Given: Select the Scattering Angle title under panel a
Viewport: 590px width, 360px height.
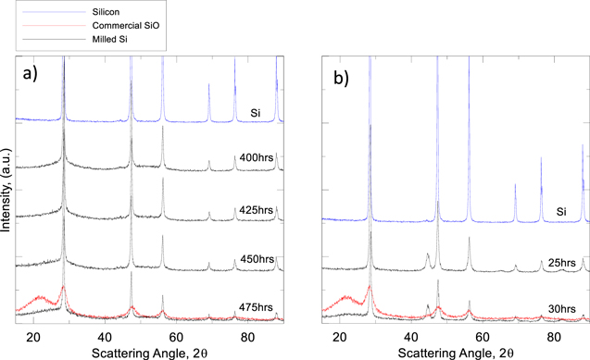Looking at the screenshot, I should (x=149, y=351).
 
